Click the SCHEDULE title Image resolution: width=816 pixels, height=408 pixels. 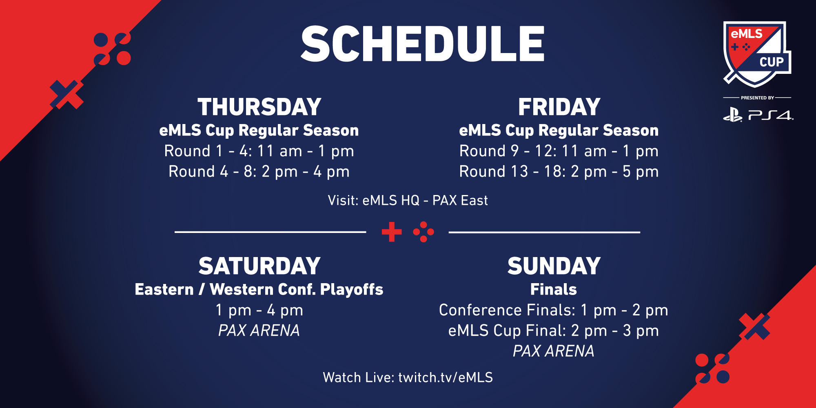(423, 43)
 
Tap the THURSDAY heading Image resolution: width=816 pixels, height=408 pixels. (259, 107)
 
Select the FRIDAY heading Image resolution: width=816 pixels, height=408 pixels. (559, 107)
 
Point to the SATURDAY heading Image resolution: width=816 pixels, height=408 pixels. (259, 266)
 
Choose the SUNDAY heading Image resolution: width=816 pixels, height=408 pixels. (554, 266)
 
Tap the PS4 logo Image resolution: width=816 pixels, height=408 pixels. (758, 115)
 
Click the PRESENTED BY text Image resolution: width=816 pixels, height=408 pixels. (757, 98)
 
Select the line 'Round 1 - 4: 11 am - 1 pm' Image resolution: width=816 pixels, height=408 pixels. (259, 151)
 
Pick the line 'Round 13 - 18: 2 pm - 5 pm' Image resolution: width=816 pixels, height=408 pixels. (559, 171)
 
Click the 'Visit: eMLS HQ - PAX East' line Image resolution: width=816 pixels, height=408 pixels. (408, 200)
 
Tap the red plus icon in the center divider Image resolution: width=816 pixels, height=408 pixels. (392, 232)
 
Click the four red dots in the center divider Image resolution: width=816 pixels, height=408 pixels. (424, 232)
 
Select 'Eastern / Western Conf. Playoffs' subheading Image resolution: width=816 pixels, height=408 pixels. (259, 289)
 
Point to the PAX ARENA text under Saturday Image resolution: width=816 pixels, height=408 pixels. (259, 330)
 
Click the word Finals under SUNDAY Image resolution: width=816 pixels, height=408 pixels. (554, 289)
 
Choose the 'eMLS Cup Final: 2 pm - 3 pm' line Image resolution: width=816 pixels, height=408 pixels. (554, 330)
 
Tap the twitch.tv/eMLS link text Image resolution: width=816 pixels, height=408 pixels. (446, 377)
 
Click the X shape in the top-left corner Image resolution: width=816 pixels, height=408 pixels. (67, 95)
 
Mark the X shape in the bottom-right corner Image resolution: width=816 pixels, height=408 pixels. (755, 326)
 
